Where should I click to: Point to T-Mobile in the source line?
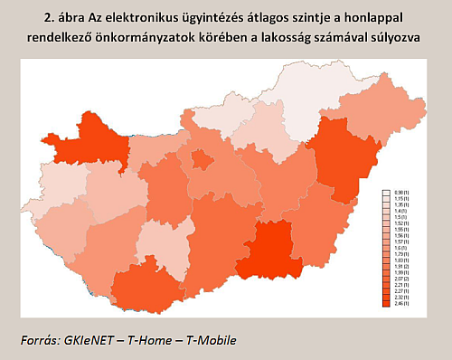[209, 340]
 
